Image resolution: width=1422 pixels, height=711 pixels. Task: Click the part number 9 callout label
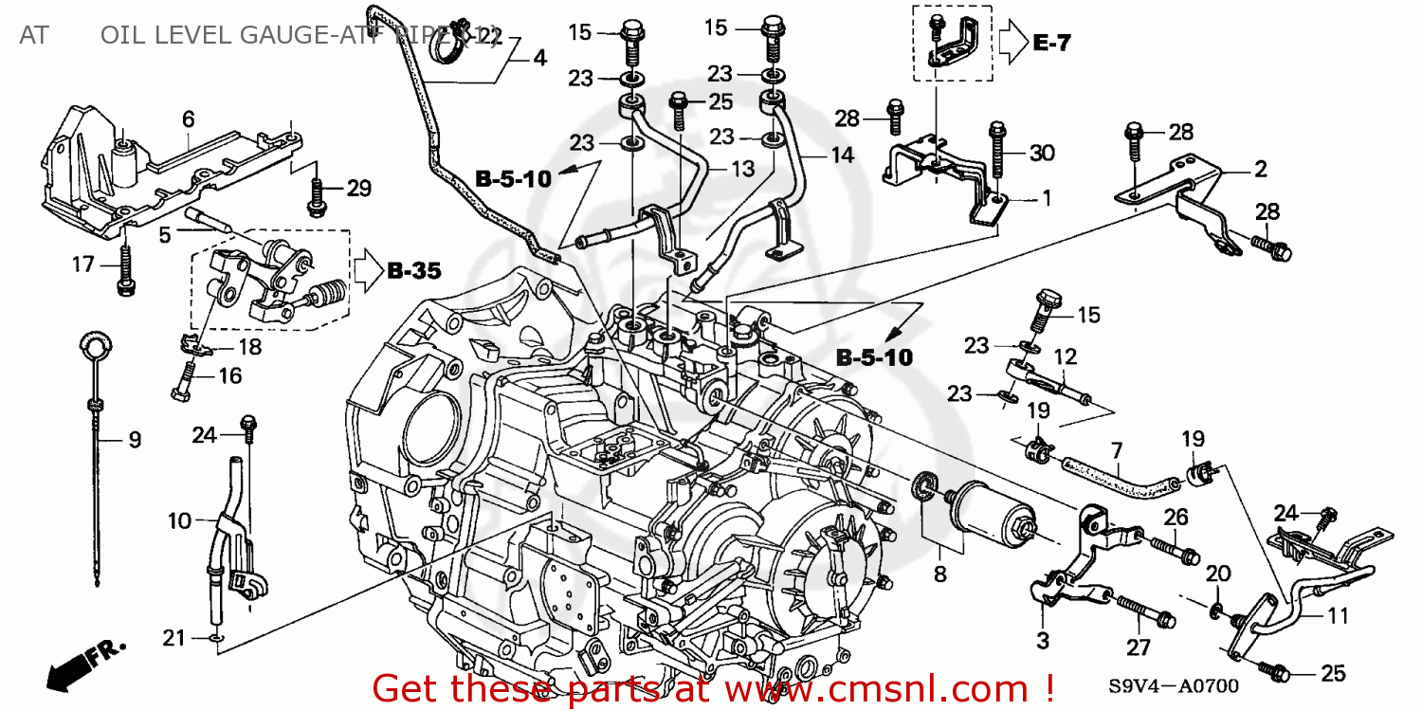(134, 439)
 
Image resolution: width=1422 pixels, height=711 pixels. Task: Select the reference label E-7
(1050, 43)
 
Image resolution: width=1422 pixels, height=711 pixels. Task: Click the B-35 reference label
(414, 271)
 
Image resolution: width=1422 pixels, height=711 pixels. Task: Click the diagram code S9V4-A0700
(1174, 684)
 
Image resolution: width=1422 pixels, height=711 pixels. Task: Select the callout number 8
(939, 573)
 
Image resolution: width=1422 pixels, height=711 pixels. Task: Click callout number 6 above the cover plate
(189, 118)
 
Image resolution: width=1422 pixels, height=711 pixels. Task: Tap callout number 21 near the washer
(173, 638)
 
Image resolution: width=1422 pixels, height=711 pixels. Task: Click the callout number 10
(179, 520)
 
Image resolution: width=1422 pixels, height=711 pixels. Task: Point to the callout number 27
(1138, 647)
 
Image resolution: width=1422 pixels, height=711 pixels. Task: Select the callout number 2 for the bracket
(1260, 170)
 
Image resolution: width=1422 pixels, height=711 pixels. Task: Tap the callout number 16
(230, 375)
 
